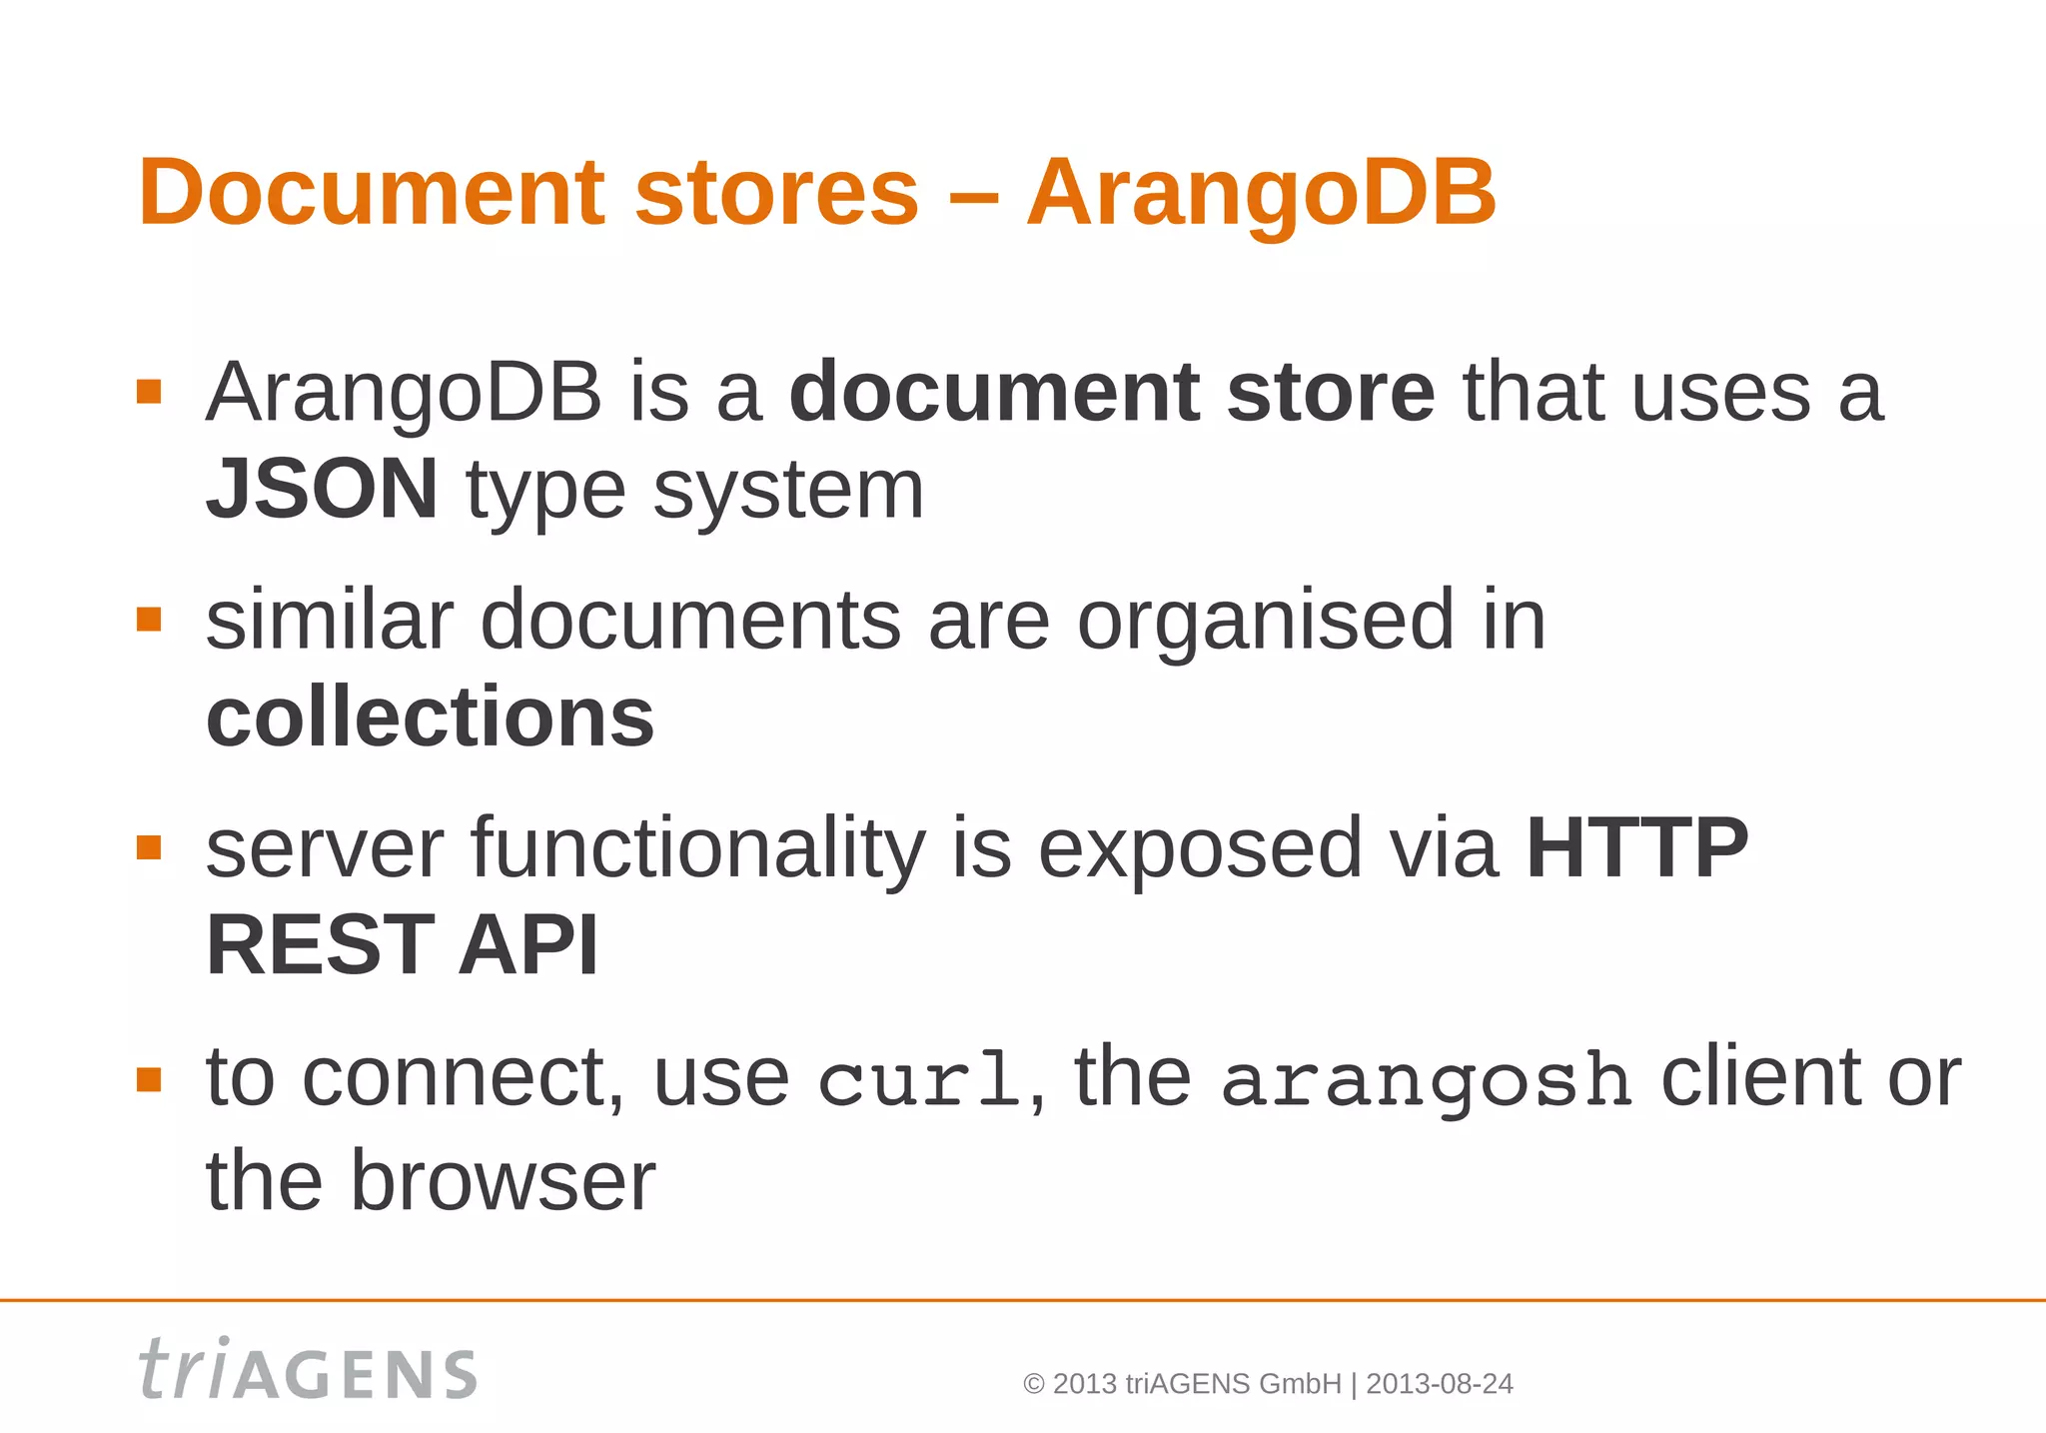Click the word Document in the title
[372, 192]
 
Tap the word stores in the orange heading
[776, 192]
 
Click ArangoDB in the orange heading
[1261, 192]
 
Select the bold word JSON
[322, 489]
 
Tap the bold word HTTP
[1637, 848]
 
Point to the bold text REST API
[402, 945]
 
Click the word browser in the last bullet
[502, 1181]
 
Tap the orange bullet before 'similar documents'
[149, 620]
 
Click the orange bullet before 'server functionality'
[149, 847]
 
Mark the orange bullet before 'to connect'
[149, 1079]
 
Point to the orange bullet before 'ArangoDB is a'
[149, 391]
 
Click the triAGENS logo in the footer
[308, 1369]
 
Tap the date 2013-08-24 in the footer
[1440, 1384]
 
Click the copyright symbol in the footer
[1034, 1385]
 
